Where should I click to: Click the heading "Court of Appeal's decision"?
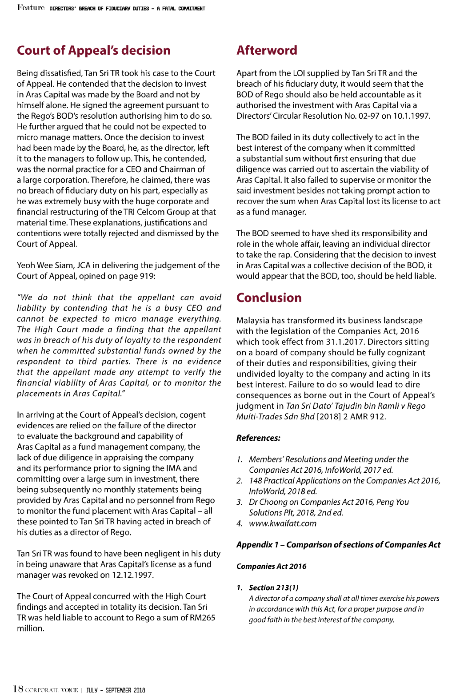(x=94, y=50)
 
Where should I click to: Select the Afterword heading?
(x=267, y=50)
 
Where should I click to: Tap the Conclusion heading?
(x=269, y=298)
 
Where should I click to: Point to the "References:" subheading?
(x=258, y=438)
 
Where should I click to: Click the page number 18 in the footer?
(x=18, y=689)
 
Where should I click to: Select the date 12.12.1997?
(x=132, y=575)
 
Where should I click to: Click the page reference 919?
(x=146, y=276)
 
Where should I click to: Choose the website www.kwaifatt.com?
(x=283, y=523)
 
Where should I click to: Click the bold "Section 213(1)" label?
(x=274, y=587)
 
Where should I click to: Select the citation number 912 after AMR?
(x=377, y=417)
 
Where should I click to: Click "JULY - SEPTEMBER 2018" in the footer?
(x=116, y=690)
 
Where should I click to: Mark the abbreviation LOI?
(x=299, y=73)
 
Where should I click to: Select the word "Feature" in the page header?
(x=31, y=8)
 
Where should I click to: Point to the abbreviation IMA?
(x=189, y=468)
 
